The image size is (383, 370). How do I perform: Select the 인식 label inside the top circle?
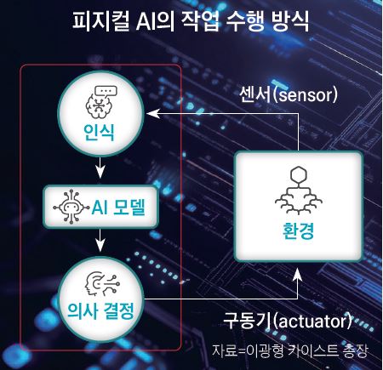tap(100, 132)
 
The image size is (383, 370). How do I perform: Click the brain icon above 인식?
tap(99, 105)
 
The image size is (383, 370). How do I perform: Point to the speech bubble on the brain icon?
tap(106, 91)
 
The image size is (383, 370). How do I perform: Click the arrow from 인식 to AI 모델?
tap(100, 168)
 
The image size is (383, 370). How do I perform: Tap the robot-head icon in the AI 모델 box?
tap(68, 207)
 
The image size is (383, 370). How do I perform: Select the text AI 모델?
tap(118, 207)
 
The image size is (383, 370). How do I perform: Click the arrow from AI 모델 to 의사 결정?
tap(100, 240)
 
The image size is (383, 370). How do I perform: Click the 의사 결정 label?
tap(101, 310)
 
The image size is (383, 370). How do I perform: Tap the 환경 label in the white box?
tap(298, 231)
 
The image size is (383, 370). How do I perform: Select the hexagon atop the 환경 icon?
tap(299, 174)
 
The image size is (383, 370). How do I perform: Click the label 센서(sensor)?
tap(289, 94)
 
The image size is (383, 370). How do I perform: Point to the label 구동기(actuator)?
tap(287, 321)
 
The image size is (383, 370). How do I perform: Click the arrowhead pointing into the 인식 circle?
tap(153, 113)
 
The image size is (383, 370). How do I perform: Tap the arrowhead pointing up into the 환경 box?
tap(298, 274)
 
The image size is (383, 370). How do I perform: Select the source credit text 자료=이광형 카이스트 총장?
tap(290, 350)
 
